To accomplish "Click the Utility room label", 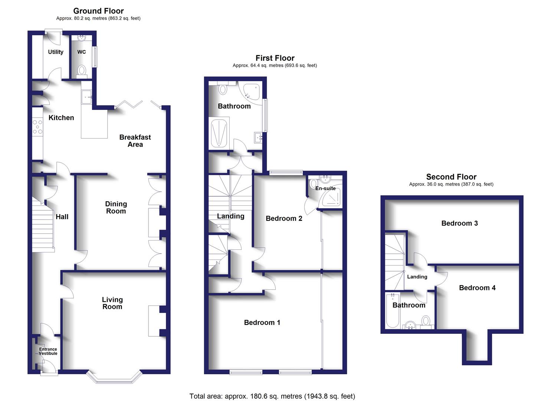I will [x=56, y=52].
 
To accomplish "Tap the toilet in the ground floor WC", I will [x=82, y=70].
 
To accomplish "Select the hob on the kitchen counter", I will [x=37, y=127].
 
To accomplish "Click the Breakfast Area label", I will [x=135, y=141].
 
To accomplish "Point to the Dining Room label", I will [x=116, y=207].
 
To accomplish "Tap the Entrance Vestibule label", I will [x=48, y=351].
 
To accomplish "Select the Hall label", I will [x=62, y=217].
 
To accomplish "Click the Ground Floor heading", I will [x=98, y=11].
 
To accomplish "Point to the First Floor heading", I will [x=275, y=58].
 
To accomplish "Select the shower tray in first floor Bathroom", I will [x=219, y=133].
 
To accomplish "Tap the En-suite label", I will [x=325, y=188].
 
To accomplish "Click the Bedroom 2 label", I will [x=284, y=218].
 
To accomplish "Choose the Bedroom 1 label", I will [x=262, y=322].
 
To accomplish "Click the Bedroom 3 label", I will [x=459, y=223].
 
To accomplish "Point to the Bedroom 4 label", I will [x=477, y=288].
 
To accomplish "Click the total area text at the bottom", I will [x=272, y=396].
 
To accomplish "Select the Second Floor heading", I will [x=451, y=177].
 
